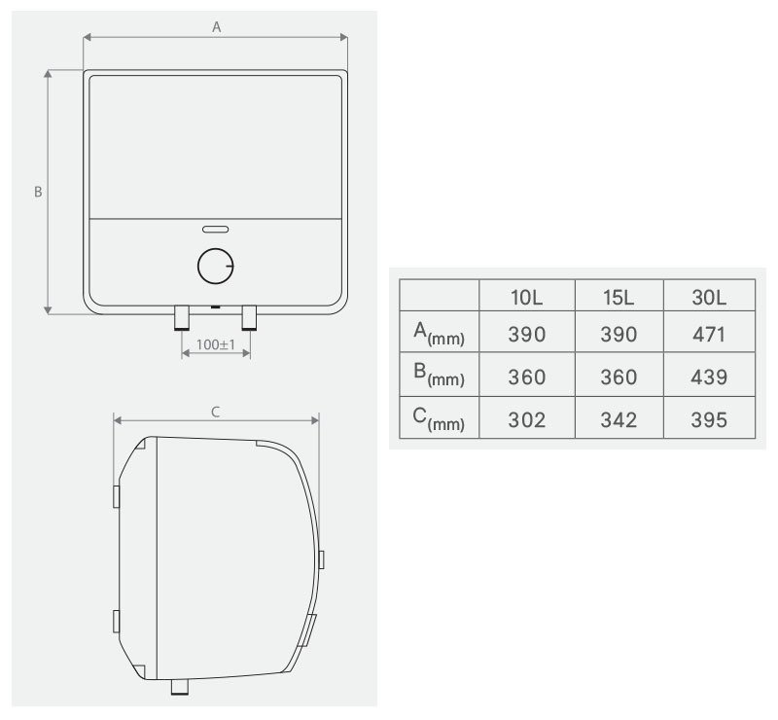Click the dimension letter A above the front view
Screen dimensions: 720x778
217,28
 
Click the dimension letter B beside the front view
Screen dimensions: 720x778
38,192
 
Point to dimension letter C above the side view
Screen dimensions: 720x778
216,412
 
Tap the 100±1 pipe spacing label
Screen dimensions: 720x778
214,345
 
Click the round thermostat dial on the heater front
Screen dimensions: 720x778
215,267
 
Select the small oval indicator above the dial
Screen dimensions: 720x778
215,231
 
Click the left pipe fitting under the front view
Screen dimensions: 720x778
182,318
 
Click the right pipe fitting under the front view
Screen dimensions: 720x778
250,318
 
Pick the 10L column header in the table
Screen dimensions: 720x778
526,296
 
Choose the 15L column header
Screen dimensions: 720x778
619,296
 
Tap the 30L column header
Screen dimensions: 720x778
709,296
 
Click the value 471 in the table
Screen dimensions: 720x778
710,335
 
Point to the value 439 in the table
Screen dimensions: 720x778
710,377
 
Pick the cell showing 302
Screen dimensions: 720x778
526,419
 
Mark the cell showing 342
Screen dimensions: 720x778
619,419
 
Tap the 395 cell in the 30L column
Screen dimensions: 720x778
710,419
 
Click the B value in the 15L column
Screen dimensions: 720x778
619,377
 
